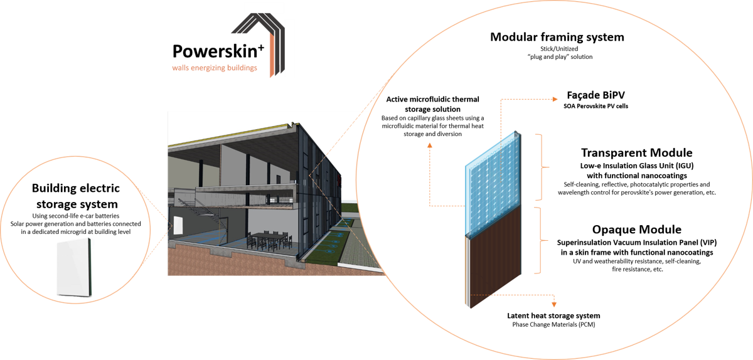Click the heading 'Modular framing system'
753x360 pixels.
[557, 37]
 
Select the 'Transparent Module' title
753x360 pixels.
[636, 153]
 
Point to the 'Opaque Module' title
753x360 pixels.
[636, 230]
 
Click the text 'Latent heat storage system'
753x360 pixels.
[553, 315]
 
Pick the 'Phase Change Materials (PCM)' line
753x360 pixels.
[553, 325]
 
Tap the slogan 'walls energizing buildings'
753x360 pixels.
[215, 68]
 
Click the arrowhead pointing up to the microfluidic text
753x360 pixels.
[429, 144]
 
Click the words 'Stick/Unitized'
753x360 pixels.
[557, 48]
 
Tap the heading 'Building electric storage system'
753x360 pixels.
[75, 196]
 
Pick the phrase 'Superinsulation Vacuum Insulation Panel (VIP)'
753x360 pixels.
[636, 242]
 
